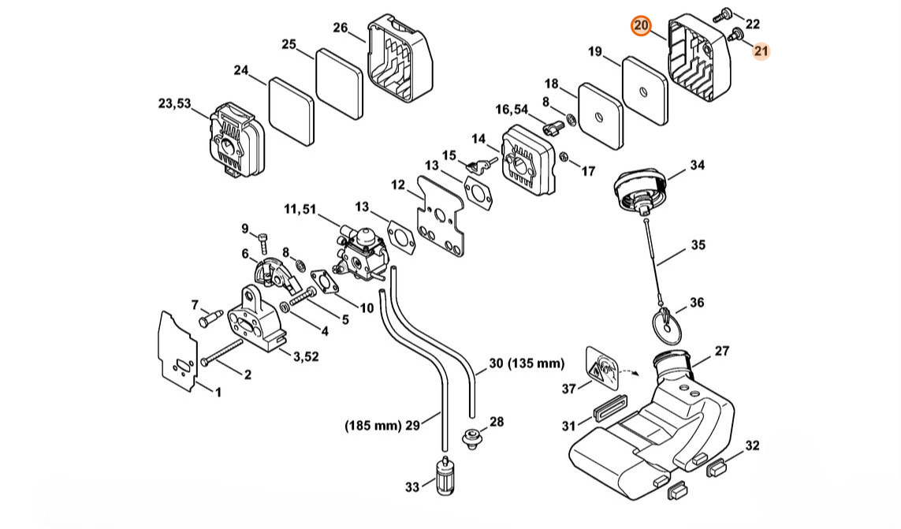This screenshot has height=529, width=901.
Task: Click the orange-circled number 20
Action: [641, 26]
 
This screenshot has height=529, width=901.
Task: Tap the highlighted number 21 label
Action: [761, 51]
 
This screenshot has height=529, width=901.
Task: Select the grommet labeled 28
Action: [471, 438]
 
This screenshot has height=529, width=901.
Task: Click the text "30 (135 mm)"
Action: [527, 363]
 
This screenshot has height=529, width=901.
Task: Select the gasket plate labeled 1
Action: [177, 352]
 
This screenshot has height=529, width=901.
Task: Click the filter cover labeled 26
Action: [400, 58]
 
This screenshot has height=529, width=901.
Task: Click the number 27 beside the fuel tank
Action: [721, 351]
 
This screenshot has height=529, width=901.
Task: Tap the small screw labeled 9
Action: [264, 244]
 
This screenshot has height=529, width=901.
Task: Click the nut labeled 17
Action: [564, 156]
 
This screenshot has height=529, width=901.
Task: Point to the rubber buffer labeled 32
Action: [716, 468]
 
